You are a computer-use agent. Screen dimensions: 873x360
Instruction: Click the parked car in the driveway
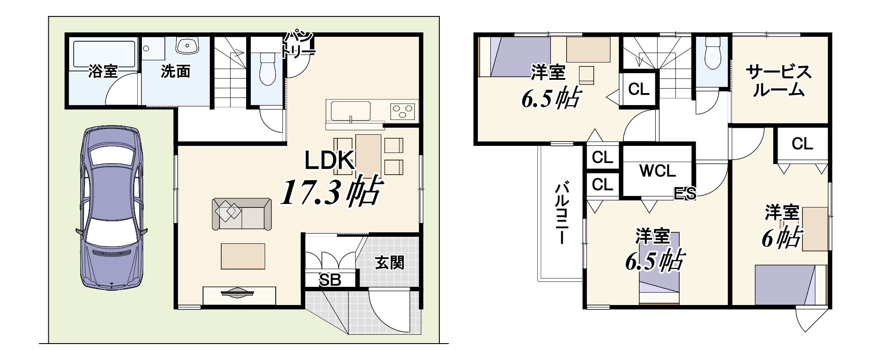pos(111,208)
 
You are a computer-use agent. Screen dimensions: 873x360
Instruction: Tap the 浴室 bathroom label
pos(103,71)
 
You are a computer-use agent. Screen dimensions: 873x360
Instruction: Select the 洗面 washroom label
pos(175,71)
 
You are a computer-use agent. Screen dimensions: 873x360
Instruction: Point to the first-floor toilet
pos(267,68)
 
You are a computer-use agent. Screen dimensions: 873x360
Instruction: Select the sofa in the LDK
pos(242,214)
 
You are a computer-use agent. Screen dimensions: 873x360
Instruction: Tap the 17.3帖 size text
pos(330,192)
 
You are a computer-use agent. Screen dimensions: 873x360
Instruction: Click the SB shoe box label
pos(330,280)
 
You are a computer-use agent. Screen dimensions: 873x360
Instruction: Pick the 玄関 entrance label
pos(390,262)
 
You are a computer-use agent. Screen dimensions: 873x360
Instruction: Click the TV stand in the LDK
pos(239,296)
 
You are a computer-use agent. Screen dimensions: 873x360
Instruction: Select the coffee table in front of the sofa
pos(243,256)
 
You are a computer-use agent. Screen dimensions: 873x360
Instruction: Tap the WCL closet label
pos(658,171)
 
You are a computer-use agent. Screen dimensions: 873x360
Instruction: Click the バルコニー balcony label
pos(562,213)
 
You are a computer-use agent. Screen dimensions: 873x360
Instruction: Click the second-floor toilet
pos(712,53)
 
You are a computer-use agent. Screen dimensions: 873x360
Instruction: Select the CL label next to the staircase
pos(638,90)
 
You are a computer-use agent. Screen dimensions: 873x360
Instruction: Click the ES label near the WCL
pos(685,193)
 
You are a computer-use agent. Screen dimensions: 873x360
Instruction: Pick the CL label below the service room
pos(802,144)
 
